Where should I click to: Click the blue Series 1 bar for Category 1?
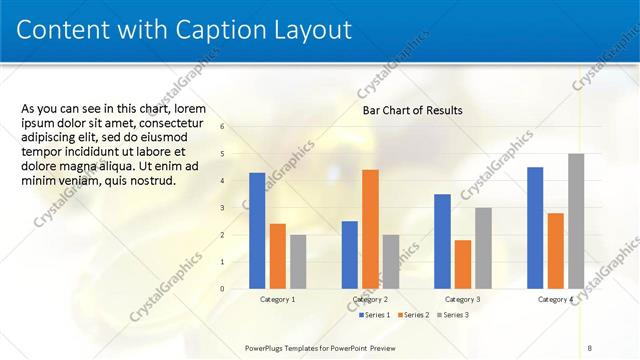tap(257, 231)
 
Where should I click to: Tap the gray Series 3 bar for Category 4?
tap(576, 221)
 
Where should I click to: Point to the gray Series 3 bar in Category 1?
tap(298, 262)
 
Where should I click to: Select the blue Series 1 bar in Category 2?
tap(349, 255)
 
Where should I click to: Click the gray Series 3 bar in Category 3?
tap(483, 248)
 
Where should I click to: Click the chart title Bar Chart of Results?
tap(412, 110)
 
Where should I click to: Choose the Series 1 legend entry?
tap(373, 315)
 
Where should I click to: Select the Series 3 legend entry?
tap(452, 315)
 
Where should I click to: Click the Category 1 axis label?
tap(277, 300)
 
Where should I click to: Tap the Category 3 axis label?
tap(462, 300)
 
